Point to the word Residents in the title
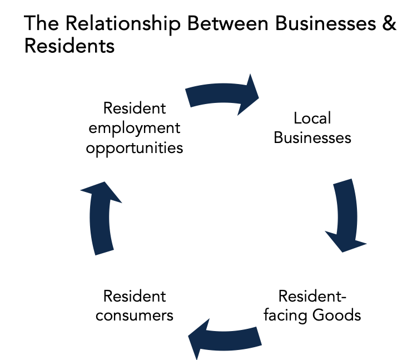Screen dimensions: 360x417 point(69,47)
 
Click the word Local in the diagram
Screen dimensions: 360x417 point(312,118)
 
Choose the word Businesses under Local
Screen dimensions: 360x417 point(312,137)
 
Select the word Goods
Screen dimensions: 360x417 point(337,315)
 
